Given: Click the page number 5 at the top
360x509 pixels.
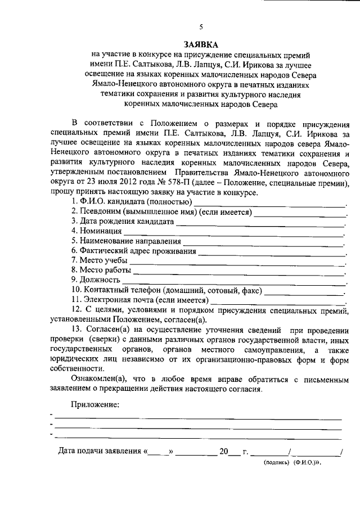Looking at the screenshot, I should point(201,26).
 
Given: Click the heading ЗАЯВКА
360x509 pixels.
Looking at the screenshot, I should point(201,44).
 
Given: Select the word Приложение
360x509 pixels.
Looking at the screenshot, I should point(95,404).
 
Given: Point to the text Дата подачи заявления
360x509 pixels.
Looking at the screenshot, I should point(100,451).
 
